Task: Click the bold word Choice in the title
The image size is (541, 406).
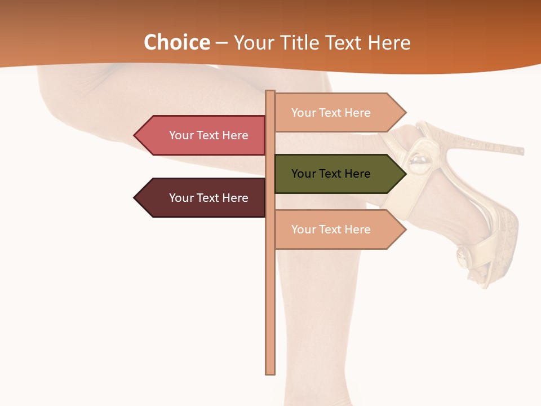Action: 176,43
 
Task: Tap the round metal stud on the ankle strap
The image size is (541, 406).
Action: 419,163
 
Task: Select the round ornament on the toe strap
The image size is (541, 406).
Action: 464,257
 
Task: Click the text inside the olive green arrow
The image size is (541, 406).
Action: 331,174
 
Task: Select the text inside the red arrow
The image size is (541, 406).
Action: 209,135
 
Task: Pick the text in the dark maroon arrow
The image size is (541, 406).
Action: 209,198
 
